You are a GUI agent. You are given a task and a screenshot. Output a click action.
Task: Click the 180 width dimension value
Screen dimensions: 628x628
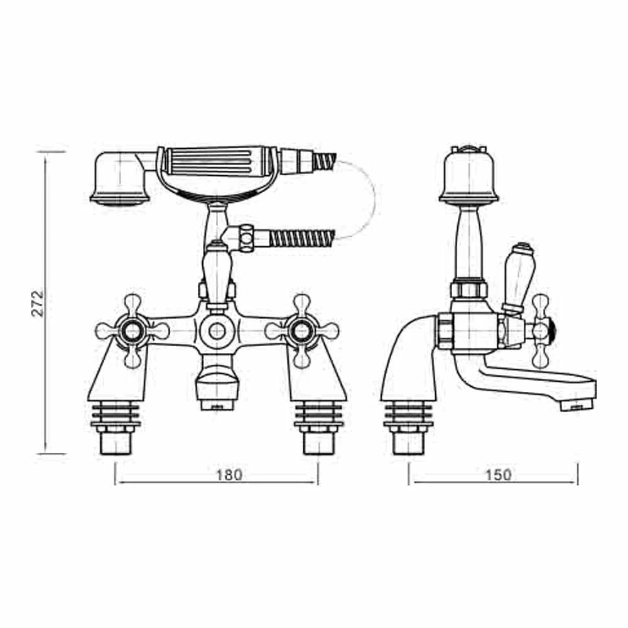click(x=229, y=475)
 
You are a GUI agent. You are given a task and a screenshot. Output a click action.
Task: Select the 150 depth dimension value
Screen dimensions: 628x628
click(x=499, y=475)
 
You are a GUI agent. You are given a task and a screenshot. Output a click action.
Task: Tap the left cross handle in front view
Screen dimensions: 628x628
click(x=133, y=330)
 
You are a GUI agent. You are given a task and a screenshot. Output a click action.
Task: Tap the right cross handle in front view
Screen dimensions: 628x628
click(x=302, y=330)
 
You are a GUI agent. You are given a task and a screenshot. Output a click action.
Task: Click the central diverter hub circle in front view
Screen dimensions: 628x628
click(x=217, y=329)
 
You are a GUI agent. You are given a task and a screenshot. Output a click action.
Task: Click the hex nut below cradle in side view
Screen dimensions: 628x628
click(x=468, y=290)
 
